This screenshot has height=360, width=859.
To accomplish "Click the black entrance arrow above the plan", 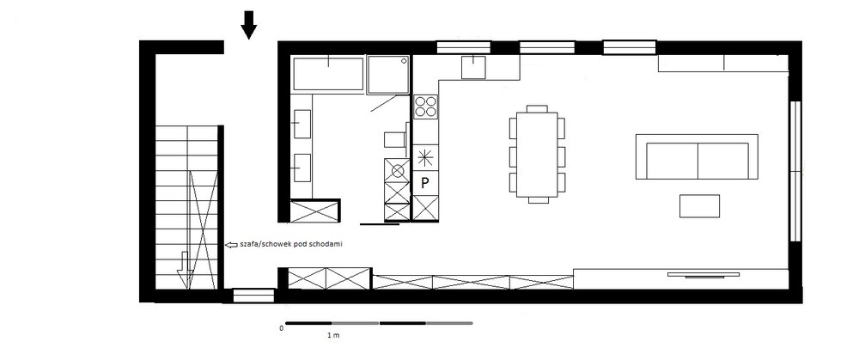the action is click(x=249, y=25).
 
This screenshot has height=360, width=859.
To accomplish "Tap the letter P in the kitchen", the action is click(x=424, y=183).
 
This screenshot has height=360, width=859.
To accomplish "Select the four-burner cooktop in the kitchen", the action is click(x=426, y=107).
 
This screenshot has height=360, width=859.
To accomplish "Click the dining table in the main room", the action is click(x=537, y=154).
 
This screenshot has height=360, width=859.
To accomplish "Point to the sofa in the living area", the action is click(x=697, y=156).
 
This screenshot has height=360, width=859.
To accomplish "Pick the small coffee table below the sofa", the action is click(x=699, y=206).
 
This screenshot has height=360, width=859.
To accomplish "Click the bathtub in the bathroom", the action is click(x=328, y=73).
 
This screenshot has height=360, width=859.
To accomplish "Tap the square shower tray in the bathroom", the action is click(x=388, y=75).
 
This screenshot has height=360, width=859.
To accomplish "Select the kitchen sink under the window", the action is click(x=473, y=67).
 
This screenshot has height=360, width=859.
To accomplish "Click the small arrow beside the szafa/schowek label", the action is click(x=230, y=244).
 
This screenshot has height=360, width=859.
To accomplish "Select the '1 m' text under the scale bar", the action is click(x=333, y=335).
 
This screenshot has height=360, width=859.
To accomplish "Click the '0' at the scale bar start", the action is click(x=282, y=329).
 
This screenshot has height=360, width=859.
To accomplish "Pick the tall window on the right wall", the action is click(x=795, y=171).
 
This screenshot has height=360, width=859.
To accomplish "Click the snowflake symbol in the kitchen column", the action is click(x=425, y=158).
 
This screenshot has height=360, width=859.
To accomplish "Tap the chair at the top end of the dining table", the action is click(x=537, y=108).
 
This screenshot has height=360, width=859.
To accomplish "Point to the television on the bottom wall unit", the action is click(x=704, y=275).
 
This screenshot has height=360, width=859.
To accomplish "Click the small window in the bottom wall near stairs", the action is click(x=253, y=296).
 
